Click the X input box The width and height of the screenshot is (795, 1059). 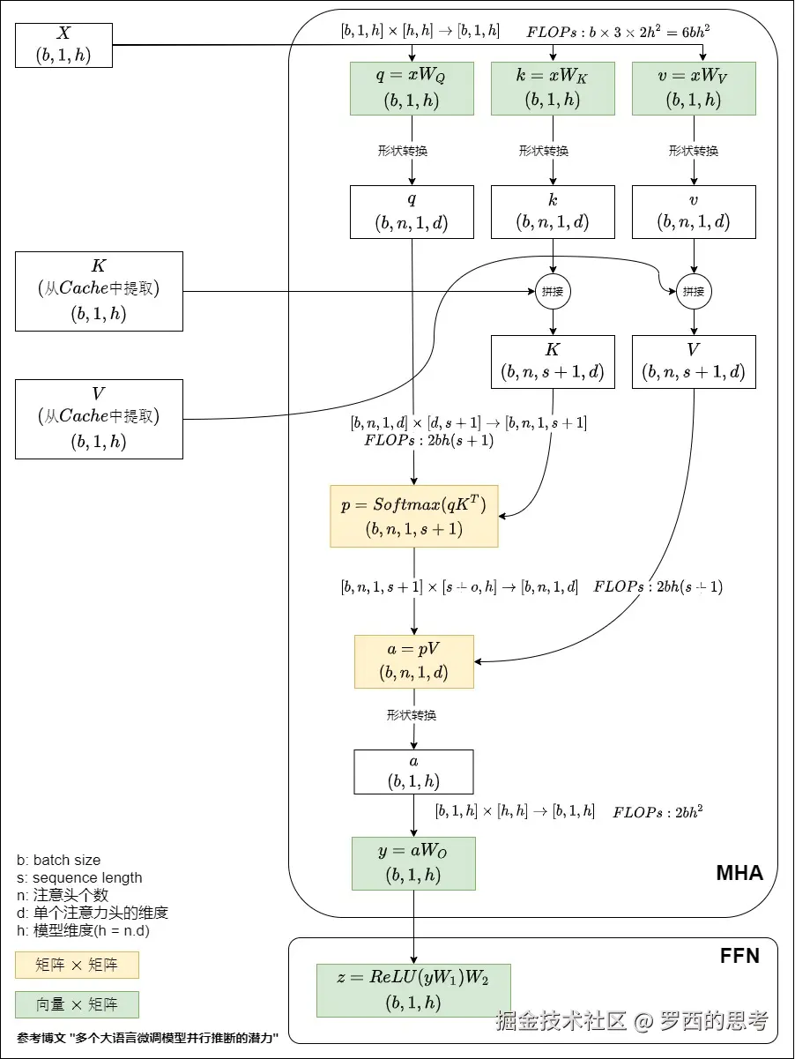[64, 45]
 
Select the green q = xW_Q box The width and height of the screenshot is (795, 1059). [412, 88]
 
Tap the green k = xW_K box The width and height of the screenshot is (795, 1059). [553, 88]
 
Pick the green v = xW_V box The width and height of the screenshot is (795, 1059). [694, 88]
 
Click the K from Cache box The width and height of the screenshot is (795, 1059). [99, 291]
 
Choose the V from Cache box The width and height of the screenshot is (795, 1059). [99, 419]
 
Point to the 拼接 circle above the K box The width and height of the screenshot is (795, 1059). [553, 291]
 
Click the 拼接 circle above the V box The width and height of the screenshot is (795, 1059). [694, 291]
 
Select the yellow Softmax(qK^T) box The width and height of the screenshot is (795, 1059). [413, 516]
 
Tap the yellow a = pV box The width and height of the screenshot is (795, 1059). [413, 661]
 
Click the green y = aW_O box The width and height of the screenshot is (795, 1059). [413, 862]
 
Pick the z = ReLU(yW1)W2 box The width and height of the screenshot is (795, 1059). [413, 990]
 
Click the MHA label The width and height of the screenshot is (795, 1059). [739, 874]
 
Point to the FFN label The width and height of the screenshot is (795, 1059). [739, 956]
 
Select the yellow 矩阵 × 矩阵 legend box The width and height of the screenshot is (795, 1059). [77, 965]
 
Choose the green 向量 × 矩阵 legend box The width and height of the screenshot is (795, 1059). [77, 1004]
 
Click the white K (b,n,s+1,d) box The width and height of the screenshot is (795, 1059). [553, 362]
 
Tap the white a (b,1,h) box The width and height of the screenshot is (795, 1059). [413, 772]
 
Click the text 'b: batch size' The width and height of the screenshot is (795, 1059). [58, 860]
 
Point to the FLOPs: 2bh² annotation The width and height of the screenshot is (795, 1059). [658, 812]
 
